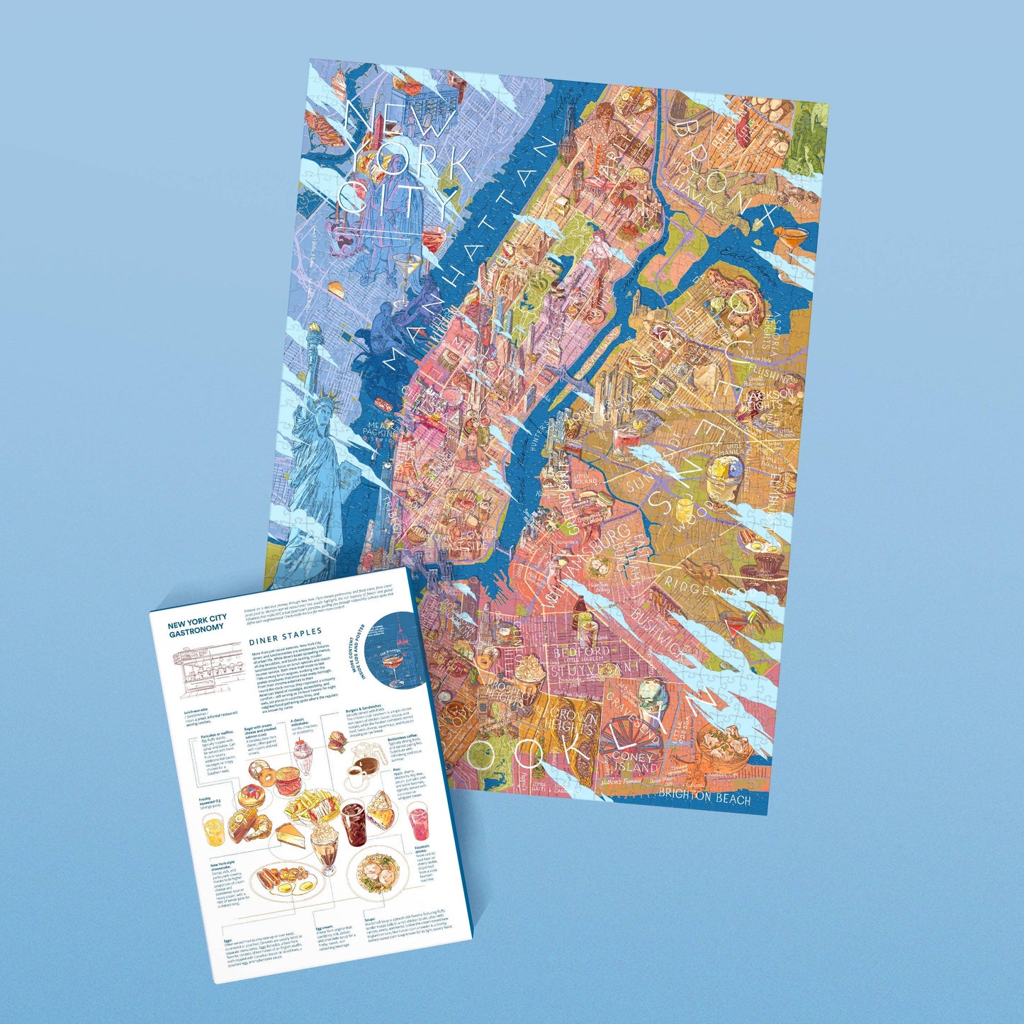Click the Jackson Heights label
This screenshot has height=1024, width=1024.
click(770, 399)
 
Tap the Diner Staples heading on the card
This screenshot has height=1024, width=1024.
click(285, 632)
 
